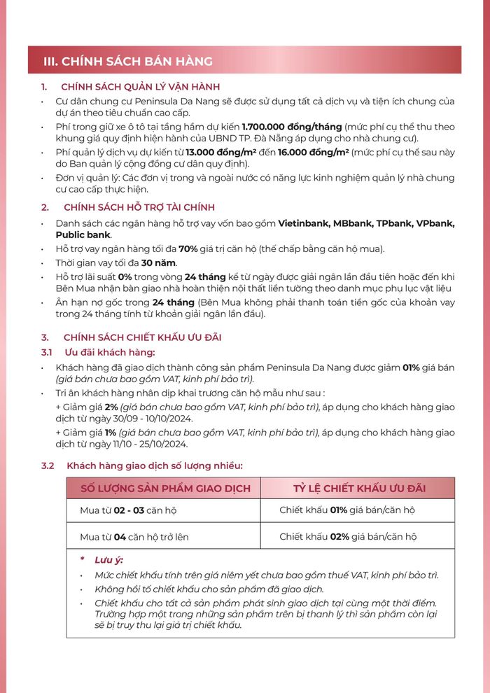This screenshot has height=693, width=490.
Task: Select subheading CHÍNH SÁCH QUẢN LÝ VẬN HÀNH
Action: (141, 87)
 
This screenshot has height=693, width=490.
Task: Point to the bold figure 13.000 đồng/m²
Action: (214, 153)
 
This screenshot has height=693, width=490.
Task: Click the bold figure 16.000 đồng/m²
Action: (313, 153)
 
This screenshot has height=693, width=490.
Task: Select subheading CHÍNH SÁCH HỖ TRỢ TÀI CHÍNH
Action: (139, 207)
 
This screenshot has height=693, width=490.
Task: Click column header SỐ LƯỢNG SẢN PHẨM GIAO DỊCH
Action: (165, 488)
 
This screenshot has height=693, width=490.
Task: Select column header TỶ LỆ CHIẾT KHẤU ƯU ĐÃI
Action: (359, 488)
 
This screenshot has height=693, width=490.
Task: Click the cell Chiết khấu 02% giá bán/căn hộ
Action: (348, 537)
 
